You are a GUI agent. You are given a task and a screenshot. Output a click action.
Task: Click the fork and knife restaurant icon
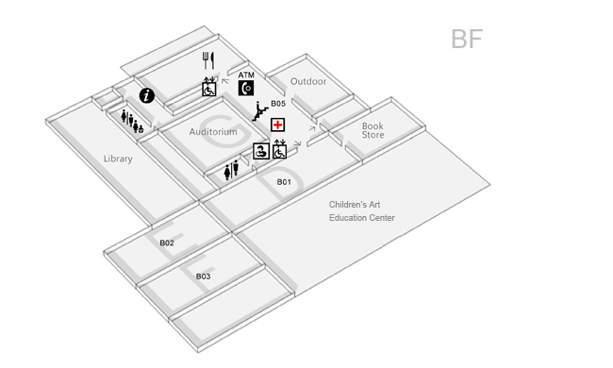click(209, 59)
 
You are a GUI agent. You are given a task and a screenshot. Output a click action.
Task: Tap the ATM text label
click(246, 75)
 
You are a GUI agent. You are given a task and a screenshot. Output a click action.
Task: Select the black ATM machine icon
click(246, 89)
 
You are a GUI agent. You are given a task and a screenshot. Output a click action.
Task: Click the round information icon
click(147, 95)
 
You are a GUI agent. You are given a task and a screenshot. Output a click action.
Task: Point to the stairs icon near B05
click(260, 112)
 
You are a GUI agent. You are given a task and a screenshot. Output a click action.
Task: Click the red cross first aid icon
click(278, 125)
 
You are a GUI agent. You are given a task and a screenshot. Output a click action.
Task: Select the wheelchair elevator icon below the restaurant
click(209, 88)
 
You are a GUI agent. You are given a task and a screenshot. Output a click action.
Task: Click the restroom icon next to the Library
click(132, 120)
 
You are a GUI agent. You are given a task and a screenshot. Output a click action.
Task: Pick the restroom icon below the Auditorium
click(232, 171)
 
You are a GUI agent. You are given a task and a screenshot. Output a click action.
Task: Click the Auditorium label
click(213, 132)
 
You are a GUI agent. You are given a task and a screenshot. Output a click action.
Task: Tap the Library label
click(118, 159)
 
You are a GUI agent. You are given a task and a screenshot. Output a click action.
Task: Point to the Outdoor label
click(308, 81)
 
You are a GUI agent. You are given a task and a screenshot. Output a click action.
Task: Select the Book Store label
click(373, 129)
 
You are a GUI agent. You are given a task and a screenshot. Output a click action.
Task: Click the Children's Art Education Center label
click(362, 211)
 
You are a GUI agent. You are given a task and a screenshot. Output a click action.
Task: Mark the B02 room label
click(167, 243)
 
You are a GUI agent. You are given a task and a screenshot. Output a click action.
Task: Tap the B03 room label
click(203, 276)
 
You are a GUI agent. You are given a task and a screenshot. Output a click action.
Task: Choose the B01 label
click(283, 182)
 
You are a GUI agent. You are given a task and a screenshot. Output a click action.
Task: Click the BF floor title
click(467, 40)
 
